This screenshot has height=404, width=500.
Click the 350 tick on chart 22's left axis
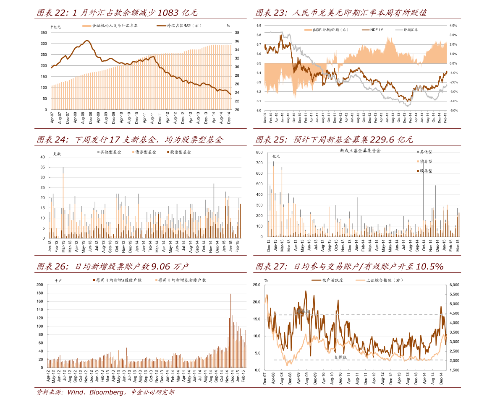(44, 33)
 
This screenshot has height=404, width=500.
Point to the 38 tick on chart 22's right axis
(237, 33)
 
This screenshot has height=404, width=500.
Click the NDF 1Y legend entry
(377, 30)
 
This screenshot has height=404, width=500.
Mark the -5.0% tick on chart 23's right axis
(453, 111)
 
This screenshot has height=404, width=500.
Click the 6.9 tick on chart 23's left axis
(259, 26)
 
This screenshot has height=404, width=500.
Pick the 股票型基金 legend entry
(181, 152)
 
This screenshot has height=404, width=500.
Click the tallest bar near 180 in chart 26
(230, 294)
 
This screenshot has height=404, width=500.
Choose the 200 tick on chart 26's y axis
(40, 285)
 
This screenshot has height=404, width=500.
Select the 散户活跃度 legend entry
(333, 280)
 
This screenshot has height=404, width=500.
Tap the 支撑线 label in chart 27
(340, 357)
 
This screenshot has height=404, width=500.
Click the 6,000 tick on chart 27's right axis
(455, 285)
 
